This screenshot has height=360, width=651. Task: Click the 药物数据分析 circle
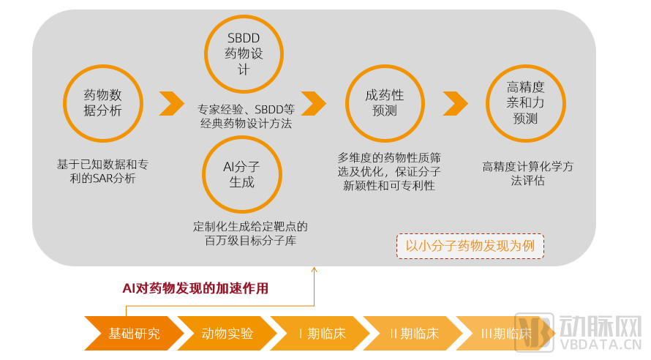pyautogui.click(x=102, y=102)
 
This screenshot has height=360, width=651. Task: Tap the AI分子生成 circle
pyautogui.click(x=241, y=174)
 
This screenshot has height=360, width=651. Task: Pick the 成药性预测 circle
pyautogui.click(x=384, y=102)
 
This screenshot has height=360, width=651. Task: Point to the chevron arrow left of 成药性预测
pyautogui.click(x=314, y=103)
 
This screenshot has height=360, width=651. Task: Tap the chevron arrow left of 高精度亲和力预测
pyautogui.click(x=455, y=103)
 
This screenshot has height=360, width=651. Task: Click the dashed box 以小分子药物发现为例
pyautogui.click(x=470, y=246)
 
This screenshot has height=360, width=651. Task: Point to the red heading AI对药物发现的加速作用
pyautogui.click(x=195, y=288)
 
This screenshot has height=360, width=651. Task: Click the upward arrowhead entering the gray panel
pyautogui.click(x=315, y=270)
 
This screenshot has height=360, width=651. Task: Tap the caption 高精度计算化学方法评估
pyautogui.click(x=527, y=173)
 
